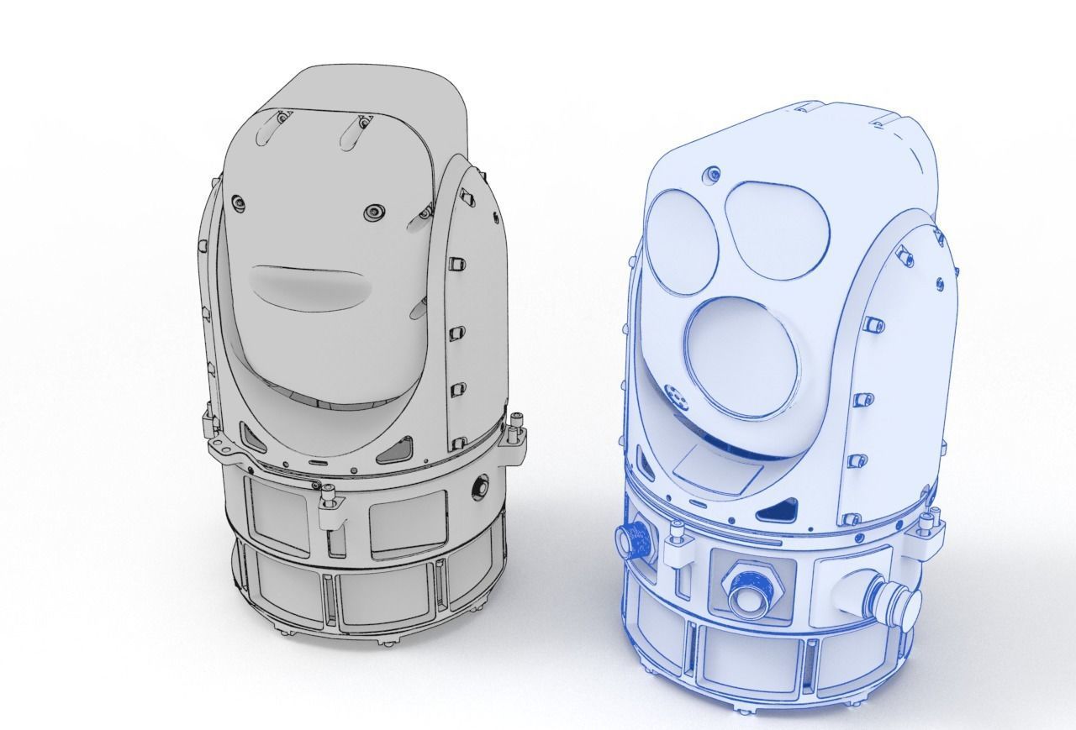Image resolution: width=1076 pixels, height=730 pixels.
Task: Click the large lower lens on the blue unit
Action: tap(739, 352)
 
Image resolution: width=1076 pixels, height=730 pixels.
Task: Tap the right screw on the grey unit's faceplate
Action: tap(372, 211)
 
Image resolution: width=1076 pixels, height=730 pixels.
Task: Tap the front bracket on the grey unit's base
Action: tap(332, 513)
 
